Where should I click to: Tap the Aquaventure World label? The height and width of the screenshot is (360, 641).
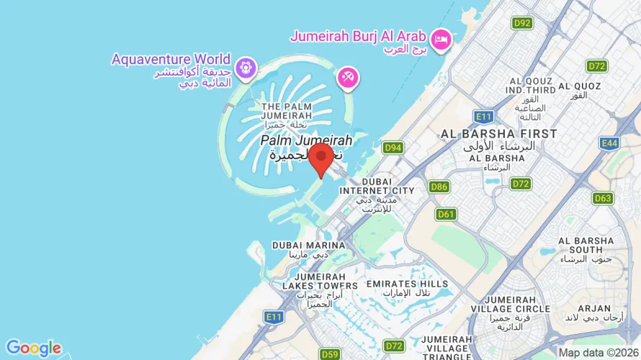pyautogui.click(x=171, y=59)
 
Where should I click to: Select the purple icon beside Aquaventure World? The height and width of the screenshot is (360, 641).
pyautogui.click(x=246, y=67)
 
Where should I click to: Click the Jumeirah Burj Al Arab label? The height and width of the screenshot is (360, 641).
pyautogui.click(x=359, y=35)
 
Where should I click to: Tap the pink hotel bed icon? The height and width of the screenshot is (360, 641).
pyautogui.click(x=441, y=37)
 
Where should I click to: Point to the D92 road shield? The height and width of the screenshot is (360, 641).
pyautogui.click(x=522, y=23)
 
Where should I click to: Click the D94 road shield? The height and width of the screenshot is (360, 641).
pyautogui.click(x=393, y=148)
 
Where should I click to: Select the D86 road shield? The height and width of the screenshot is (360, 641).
pyautogui.click(x=439, y=187)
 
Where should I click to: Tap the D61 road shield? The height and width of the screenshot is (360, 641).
pyautogui.click(x=447, y=214)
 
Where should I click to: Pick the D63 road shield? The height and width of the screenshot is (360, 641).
pyautogui.click(x=604, y=198)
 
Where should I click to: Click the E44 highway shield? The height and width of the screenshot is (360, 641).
pyautogui.click(x=609, y=143)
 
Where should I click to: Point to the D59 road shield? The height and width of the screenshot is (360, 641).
pyautogui.click(x=330, y=354)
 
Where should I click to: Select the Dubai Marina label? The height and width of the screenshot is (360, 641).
pyautogui.click(x=308, y=246)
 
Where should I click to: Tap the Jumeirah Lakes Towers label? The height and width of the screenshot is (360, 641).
pyautogui.click(x=326, y=285)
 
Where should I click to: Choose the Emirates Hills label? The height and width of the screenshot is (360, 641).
pyautogui.click(x=408, y=284)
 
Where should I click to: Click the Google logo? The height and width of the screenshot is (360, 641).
pyautogui.click(x=33, y=348)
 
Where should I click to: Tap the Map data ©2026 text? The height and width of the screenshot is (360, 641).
pyautogui.click(x=599, y=353)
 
